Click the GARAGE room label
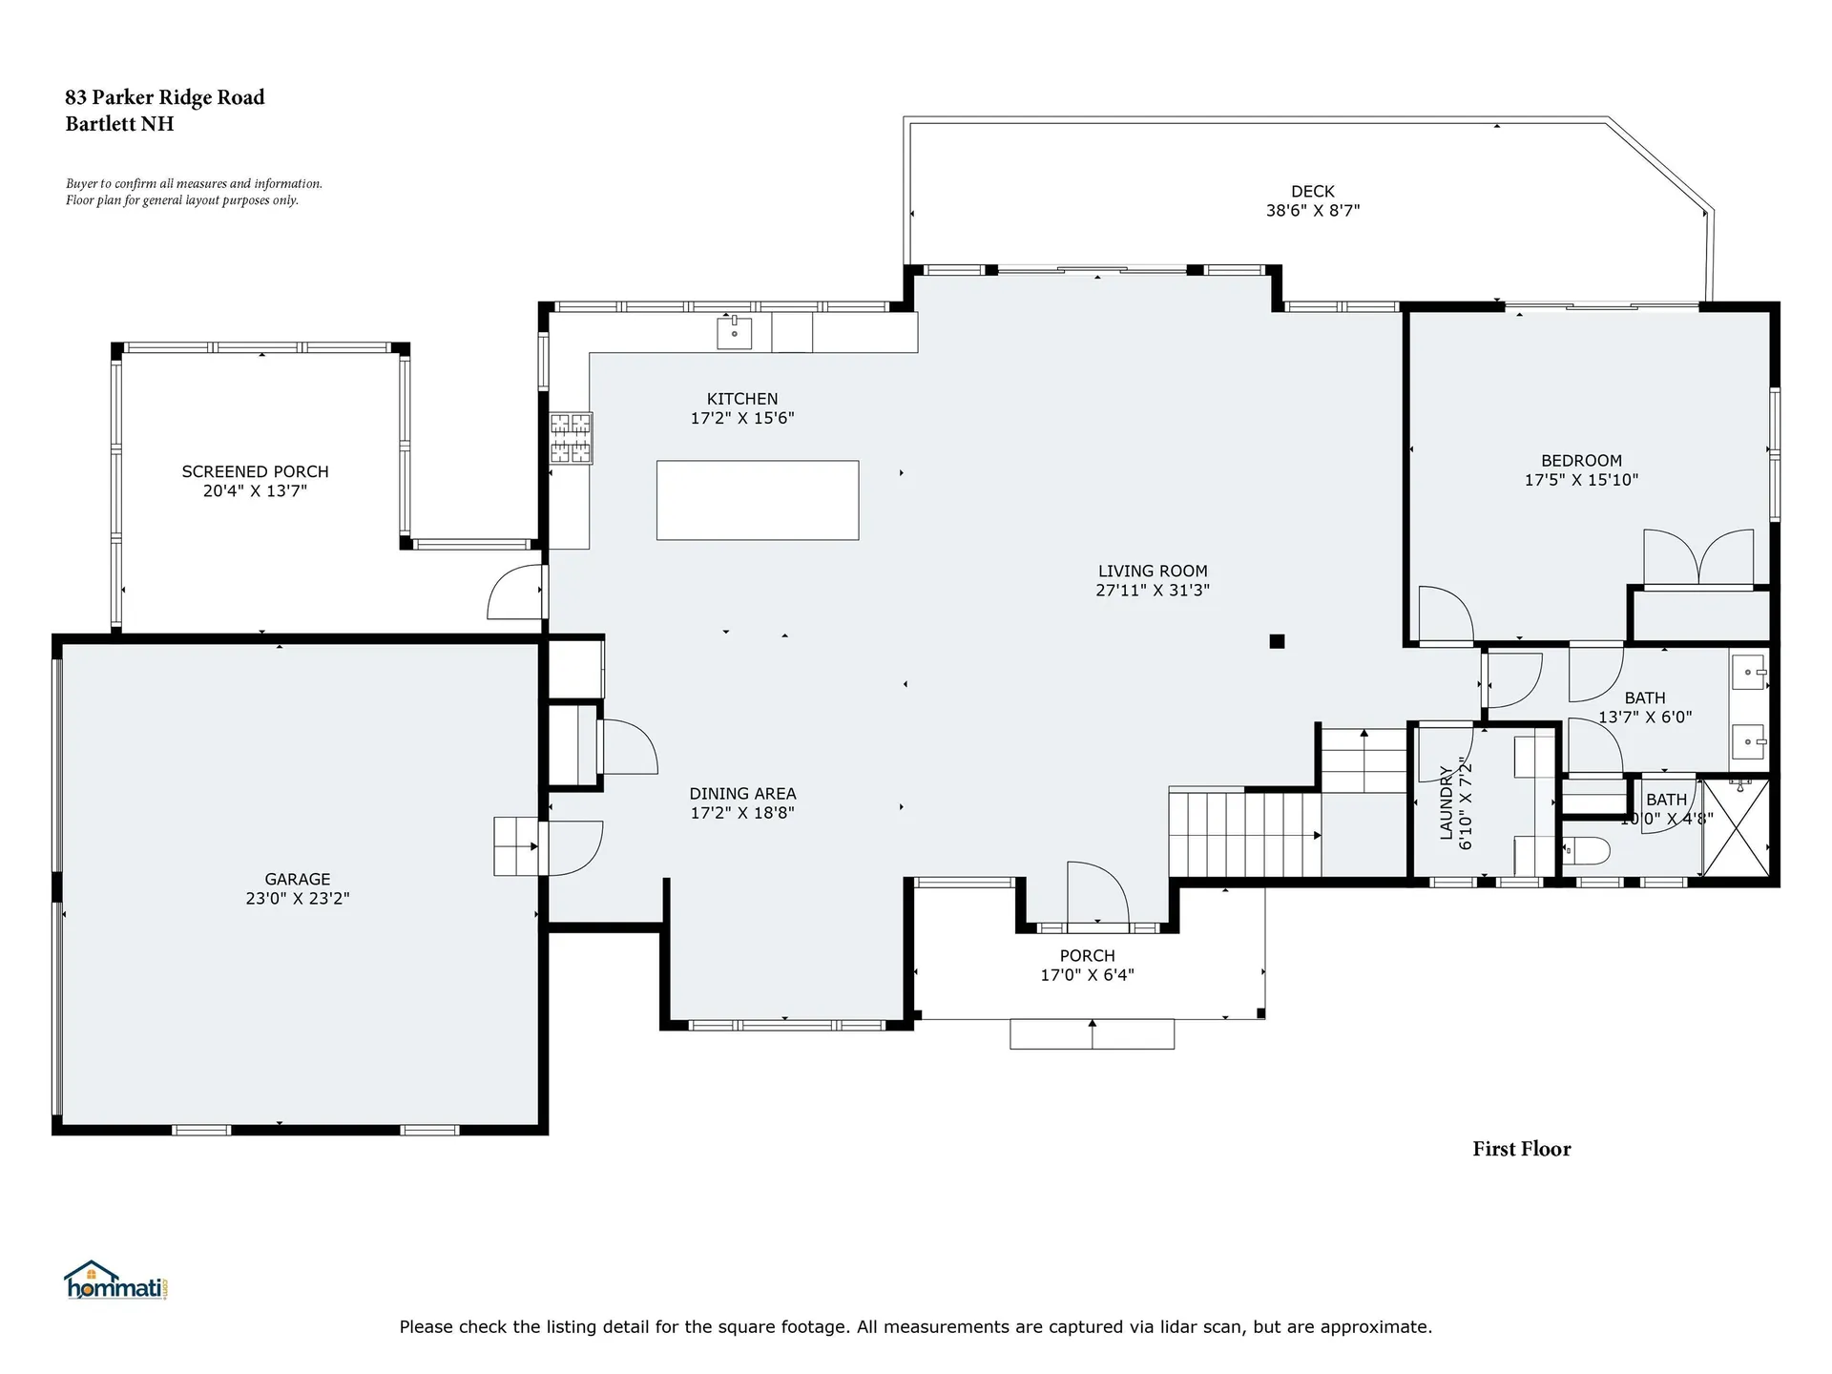coord(298,879)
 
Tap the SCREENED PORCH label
coord(255,471)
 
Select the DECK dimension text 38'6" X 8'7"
coord(1312,211)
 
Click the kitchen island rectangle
coord(757,500)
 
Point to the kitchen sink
coord(734,333)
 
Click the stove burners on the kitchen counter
coord(571,438)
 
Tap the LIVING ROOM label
coord(1152,572)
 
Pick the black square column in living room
coord(1277,641)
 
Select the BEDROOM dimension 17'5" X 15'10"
coord(1581,480)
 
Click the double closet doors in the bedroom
coord(1698,557)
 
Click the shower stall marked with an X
coord(1736,827)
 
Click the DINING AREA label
coord(742,793)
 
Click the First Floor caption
coord(1521,1149)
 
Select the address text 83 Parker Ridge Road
coord(164,97)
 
